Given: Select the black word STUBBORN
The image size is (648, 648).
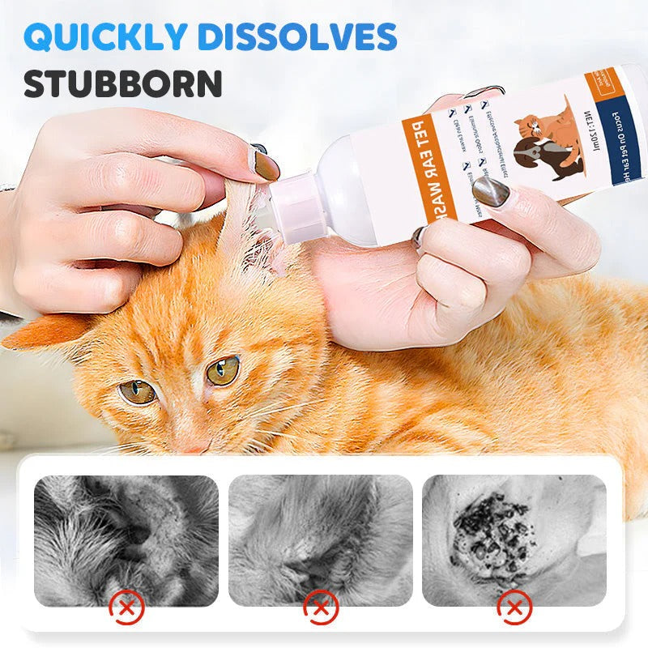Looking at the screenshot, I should click(x=123, y=83).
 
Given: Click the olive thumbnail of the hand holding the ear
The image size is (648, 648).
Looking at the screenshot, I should click(x=264, y=164).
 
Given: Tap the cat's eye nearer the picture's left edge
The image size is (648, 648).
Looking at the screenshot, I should click(x=137, y=392).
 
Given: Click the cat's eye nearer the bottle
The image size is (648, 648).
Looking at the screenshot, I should click(x=222, y=370).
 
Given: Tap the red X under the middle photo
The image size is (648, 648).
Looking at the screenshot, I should click(x=321, y=607).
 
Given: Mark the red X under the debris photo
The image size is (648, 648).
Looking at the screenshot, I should click(x=514, y=607).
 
